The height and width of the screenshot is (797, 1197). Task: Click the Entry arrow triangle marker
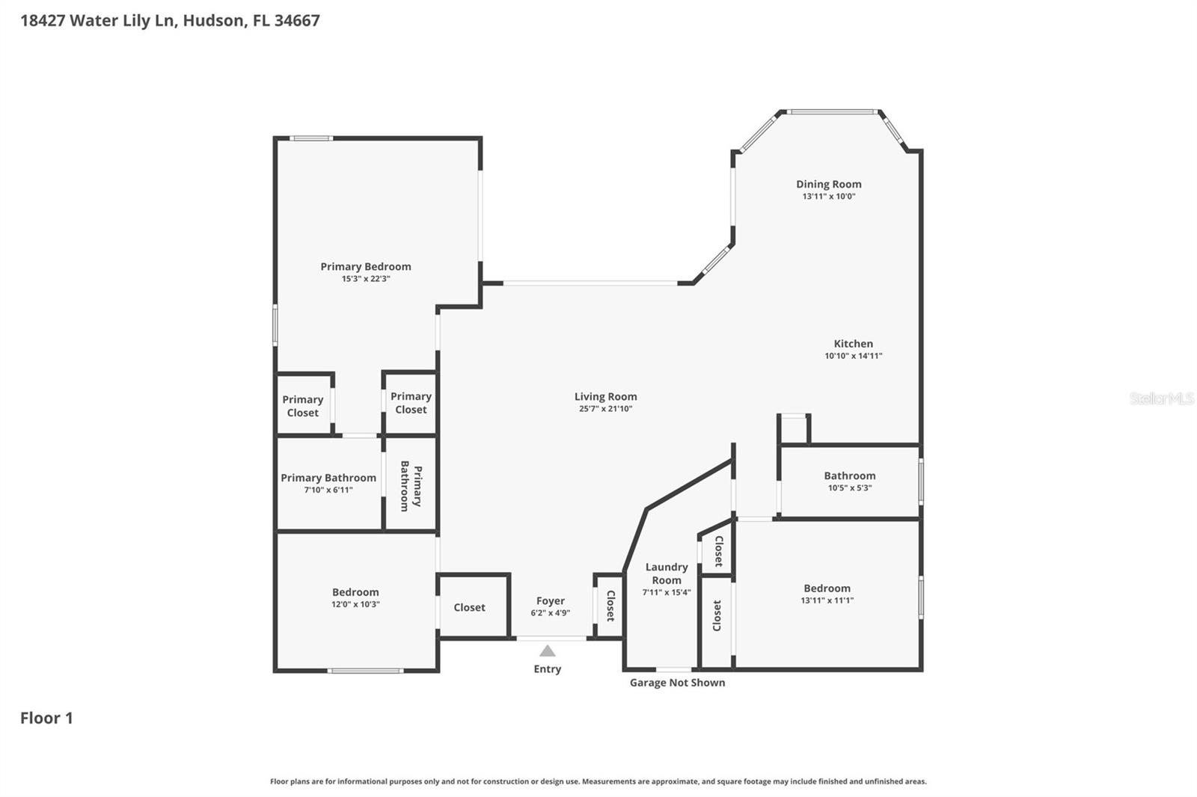(x=548, y=651)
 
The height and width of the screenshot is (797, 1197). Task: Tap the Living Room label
(x=605, y=397)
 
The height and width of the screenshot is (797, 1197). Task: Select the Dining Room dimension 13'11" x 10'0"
(x=828, y=197)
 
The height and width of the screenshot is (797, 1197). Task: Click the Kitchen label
(x=853, y=344)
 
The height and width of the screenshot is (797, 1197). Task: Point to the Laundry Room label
(x=666, y=573)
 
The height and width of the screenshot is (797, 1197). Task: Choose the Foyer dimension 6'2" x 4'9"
(x=550, y=613)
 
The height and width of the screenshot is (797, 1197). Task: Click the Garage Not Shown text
(x=677, y=683)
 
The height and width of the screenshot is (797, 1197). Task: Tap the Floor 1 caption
(x=46, y=718)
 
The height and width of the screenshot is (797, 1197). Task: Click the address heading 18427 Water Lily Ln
(x=170, y=20)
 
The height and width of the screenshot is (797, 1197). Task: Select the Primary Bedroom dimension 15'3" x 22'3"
(x=366, y=279)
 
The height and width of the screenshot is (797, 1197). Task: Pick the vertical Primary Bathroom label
(x=411, y=486)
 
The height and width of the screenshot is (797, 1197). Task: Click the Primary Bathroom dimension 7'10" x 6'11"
(x=328, y=490)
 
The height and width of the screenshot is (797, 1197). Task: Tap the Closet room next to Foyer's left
(x=469, y=608)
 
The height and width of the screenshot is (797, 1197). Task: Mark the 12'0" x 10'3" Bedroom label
(x=355, y=592)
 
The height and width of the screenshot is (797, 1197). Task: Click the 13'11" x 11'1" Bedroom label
(x=827, y=588)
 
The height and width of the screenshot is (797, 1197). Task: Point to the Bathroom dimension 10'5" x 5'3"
(x=849, y=488)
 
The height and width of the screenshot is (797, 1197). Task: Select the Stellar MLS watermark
(x=1161, y=398)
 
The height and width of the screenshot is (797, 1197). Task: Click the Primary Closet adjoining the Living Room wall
(x=411, y=403)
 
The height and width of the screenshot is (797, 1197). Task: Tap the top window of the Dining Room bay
(x=832, y=112)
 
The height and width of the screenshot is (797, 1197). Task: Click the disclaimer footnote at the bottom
(x=598, y=781)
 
